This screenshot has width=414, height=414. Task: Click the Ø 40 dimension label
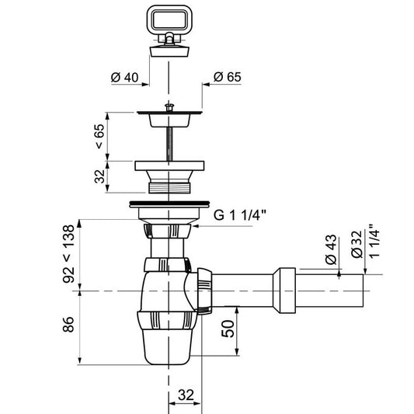click(x=124, y=77)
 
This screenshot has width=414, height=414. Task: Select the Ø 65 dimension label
click(x=225, y=77)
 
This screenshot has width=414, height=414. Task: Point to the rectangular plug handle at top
click(x=169, y=21)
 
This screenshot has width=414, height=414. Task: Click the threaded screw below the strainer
click(x=169, y=144)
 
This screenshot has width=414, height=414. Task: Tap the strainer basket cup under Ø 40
click(x=169, y=119)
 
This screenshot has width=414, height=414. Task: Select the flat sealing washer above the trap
click(x=169, y=205)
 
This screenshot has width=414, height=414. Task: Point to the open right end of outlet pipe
click(x=363, y=290)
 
